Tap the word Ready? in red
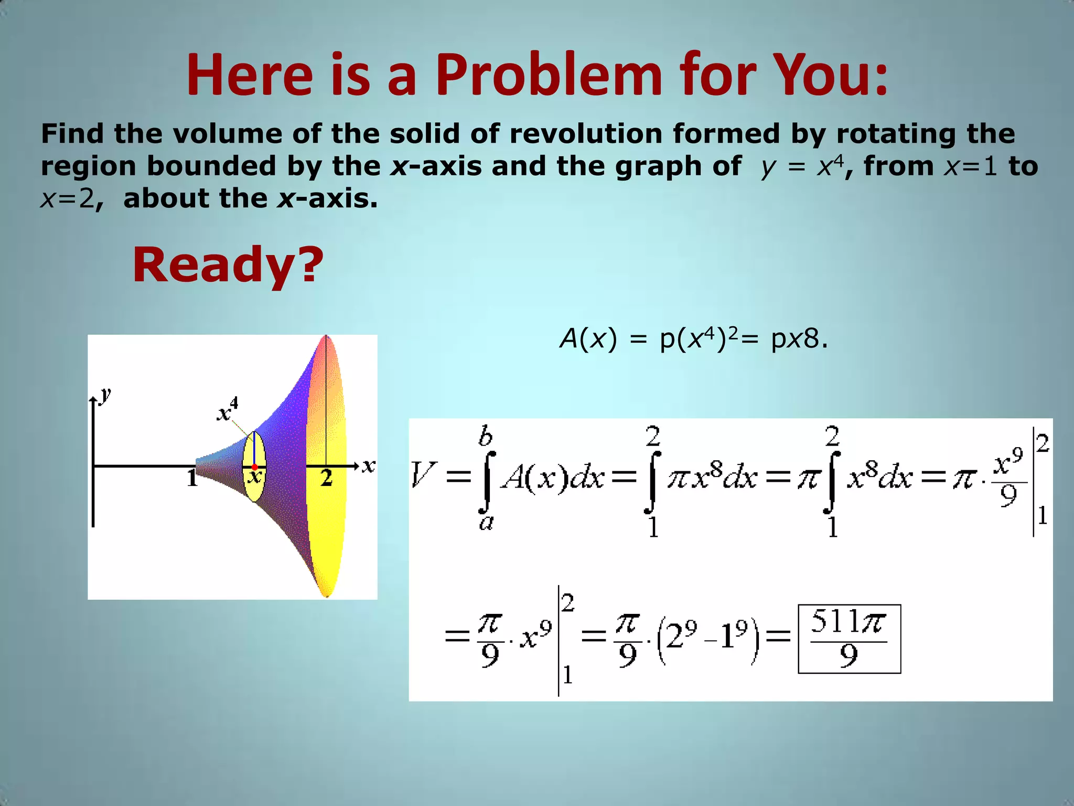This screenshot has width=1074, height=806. coord(228,264)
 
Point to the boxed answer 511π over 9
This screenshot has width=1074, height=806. coord(849,639)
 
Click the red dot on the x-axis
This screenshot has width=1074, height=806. coord(255,466)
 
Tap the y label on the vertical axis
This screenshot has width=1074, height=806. coord(106,394)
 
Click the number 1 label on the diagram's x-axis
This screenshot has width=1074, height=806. coord(192,478)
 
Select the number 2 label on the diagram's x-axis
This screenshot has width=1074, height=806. coord(326,478)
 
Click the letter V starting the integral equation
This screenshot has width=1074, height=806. coord(423,475)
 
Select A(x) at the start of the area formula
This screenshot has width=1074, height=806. coord(588,339)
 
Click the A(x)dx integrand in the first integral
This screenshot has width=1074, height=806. coord(552,478)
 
